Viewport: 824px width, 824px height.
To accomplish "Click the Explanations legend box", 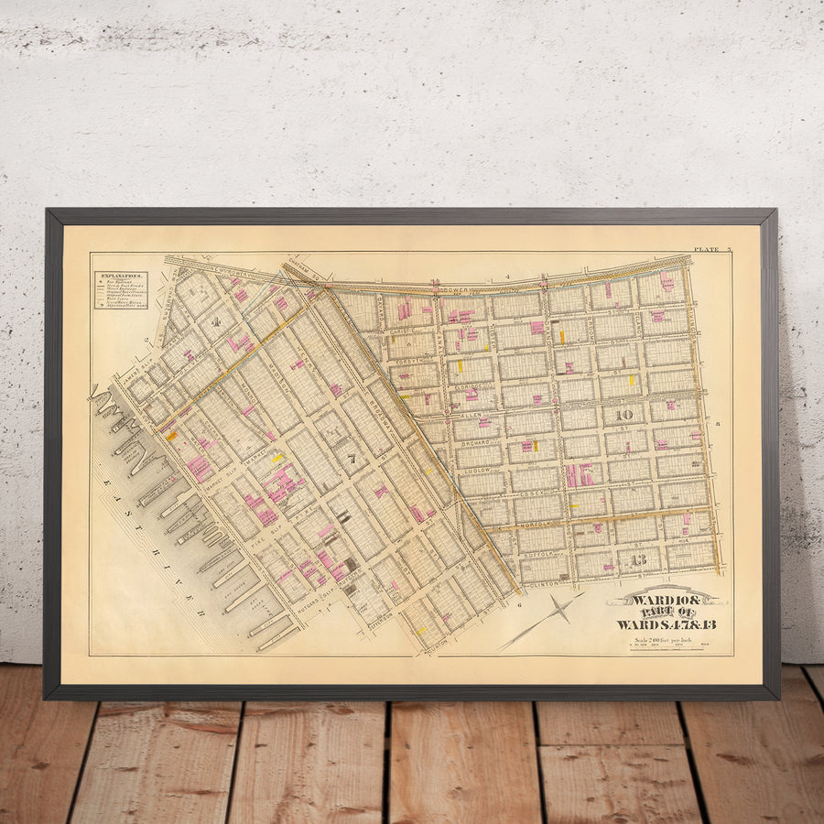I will tap(119, 288).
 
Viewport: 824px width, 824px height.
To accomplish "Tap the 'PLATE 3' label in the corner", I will tap(712, 249).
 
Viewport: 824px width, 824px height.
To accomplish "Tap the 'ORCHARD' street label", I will tap(481, 442).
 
